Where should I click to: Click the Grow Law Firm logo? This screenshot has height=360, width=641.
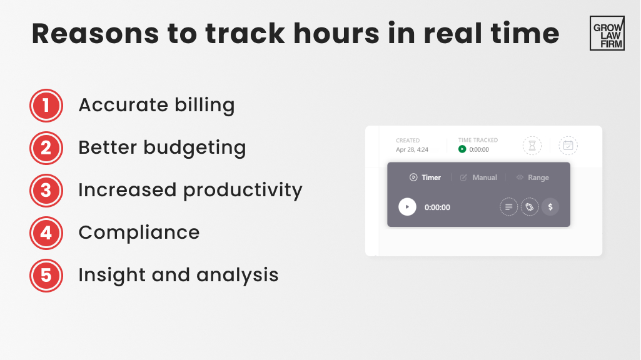(607, 33)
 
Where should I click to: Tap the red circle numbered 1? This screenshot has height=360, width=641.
(46, 105)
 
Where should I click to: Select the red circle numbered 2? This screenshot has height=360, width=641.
(46, 147)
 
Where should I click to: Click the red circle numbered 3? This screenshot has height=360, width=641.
(46, 190)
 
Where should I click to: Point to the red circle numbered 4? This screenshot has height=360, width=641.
(46, 232)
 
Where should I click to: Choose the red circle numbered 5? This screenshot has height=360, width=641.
(46, 275)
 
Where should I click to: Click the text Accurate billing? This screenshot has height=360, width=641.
(156, 105)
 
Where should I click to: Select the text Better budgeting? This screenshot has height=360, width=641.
(162, 148)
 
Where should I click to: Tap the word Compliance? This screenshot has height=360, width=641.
(139, 232)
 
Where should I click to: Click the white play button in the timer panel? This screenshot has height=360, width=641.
(407, 207)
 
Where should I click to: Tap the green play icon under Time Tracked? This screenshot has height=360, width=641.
(462, 149)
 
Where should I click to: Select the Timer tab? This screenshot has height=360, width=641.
(425, 177)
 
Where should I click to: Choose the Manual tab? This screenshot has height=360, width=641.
(478, 177)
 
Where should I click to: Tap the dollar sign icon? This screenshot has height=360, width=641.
(550, 207)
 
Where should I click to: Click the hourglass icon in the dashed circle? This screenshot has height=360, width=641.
(532, 146)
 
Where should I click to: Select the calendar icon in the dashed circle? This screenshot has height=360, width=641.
(568, 146)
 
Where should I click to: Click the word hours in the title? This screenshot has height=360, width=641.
(335, 34)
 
